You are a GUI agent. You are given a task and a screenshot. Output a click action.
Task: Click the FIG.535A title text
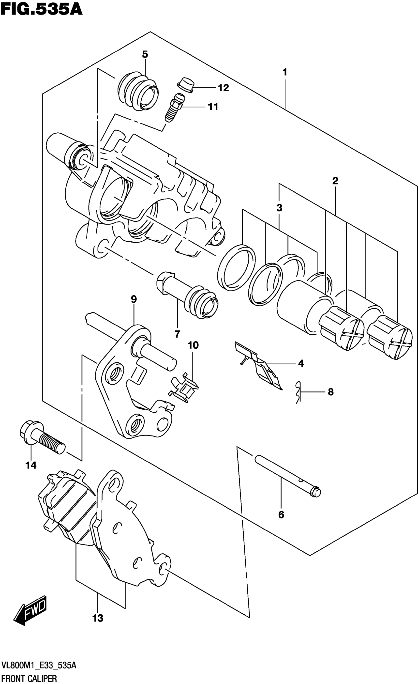[41, 9]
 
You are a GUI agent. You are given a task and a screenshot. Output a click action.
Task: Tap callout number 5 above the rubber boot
[145, 54]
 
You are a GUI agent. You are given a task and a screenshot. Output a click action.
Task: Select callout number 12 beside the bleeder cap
[223, 88]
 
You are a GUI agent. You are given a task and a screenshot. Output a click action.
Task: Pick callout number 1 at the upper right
[284, 72]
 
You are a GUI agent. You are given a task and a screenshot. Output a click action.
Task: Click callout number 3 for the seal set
[279, 208]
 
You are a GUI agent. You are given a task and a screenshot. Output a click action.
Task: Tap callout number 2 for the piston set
[335, 181]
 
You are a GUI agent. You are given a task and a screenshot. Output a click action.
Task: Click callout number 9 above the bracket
[134, 299]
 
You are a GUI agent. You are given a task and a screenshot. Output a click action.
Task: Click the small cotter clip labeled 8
[298, 392]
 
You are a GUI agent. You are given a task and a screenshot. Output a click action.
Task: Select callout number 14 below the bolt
[31, 465]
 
